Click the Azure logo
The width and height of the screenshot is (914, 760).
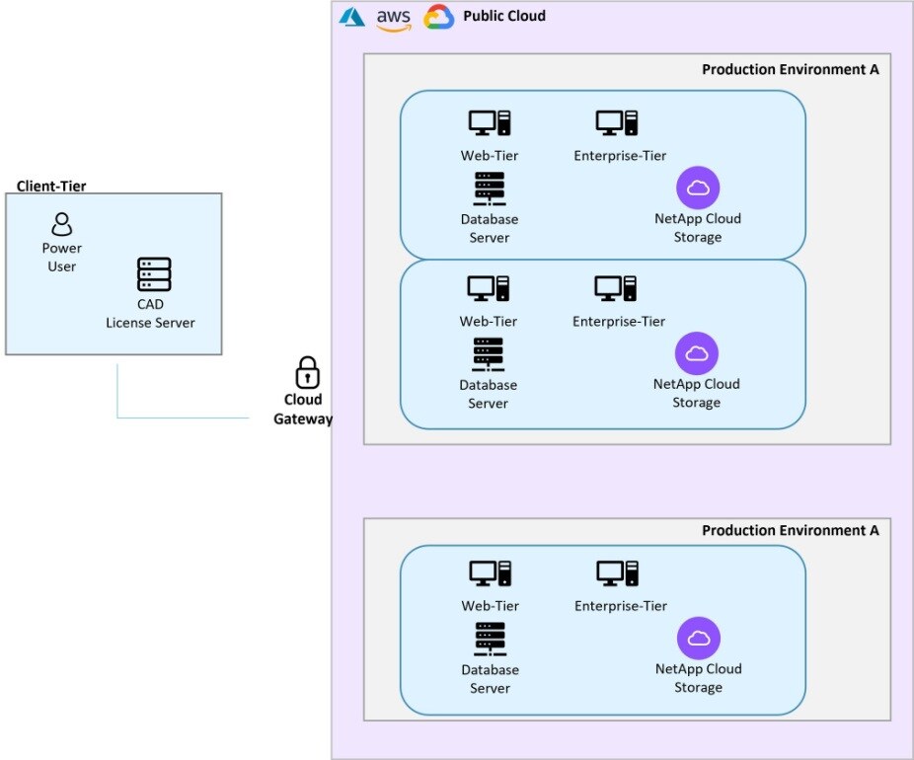click(x=352, y=18)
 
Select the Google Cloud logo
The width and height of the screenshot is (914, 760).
click(x=438, y=18)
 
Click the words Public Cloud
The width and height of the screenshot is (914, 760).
click(x=503, y=17)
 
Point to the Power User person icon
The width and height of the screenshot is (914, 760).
click(x=62, y=224)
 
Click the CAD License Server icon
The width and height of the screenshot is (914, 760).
click(x=154, y=274)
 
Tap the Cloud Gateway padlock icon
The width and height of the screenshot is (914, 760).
click(x=308, y=373)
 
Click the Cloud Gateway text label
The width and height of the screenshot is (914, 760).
click(x=303, y=410)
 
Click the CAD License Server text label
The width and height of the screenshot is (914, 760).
click(x=150, y=314)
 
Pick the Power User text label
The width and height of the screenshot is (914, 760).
click(x=61, y=258)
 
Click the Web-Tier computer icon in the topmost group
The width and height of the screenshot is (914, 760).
click(x=489, y=123)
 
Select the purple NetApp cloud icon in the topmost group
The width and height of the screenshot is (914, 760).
click(x=698, y=188)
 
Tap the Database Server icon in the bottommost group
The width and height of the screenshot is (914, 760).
click(x=490, y=639)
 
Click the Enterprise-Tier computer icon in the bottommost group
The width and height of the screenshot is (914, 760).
click(x=618, y=574)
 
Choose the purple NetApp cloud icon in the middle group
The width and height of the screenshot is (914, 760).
click(x=697, y=353)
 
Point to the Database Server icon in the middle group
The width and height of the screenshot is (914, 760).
click(x=489, y=354)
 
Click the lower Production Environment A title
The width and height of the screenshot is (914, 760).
click(x=790, y=531)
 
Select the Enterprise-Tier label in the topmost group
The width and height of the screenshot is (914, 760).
click(x=620, y=156)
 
